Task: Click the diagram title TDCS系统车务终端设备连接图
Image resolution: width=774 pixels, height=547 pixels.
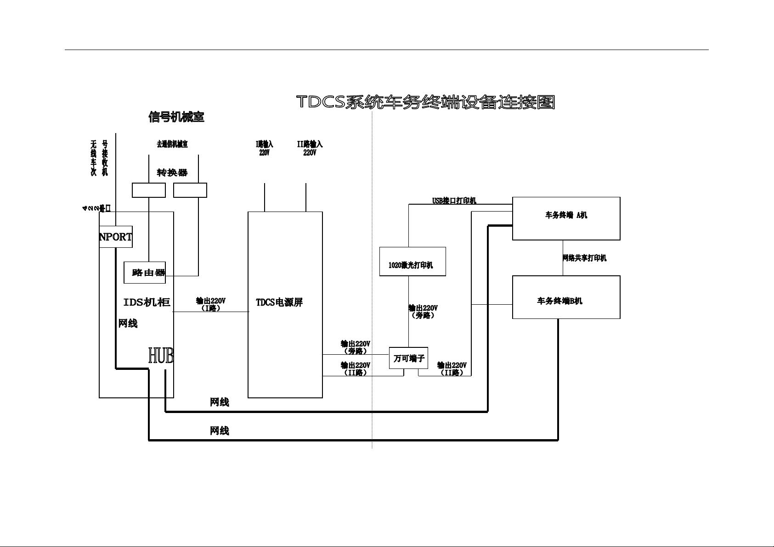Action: coord(426,102)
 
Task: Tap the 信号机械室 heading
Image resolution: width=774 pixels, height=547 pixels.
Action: coord(176,117)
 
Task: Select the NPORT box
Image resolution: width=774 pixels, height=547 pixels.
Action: coord(116,237)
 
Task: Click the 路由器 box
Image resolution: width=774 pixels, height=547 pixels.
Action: coord(145,273)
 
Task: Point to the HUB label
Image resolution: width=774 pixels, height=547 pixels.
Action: coord(161,356)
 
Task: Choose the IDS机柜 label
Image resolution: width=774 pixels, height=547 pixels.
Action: coord(147,302)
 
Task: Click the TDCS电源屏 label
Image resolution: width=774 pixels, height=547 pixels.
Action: coord(279,302)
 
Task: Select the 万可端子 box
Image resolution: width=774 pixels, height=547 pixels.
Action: coord(409,358)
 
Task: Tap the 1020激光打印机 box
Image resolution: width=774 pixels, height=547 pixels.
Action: coord(412,262)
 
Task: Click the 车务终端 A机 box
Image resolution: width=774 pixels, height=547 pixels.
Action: coord(566,218)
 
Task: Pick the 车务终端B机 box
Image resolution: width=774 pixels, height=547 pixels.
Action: coord(566,297)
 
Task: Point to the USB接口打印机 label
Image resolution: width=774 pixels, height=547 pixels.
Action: coord(454,201)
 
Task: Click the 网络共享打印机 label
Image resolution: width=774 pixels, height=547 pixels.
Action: coord(584,258)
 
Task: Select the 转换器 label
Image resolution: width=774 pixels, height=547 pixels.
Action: coord(172,173)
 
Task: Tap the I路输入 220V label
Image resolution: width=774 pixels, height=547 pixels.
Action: coord(265,148)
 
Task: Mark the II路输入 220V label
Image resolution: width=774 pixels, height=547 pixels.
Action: coord(310,148)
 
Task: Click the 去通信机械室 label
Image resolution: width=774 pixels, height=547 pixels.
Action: coord(172,144)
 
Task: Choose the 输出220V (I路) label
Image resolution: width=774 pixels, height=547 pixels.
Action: coord(211,304)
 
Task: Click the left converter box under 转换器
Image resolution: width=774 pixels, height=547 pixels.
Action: coord(149,190)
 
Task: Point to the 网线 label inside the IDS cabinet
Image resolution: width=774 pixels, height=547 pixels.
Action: coord(128,324)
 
